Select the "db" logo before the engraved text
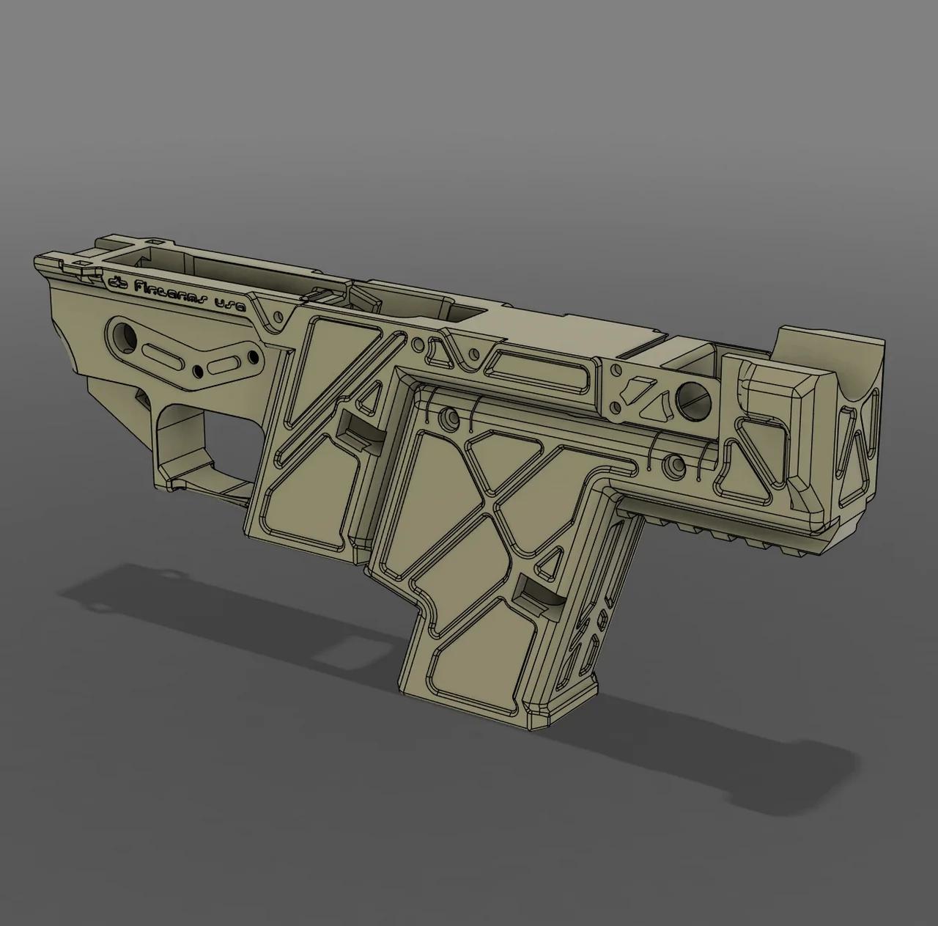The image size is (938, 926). point(117,282)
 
